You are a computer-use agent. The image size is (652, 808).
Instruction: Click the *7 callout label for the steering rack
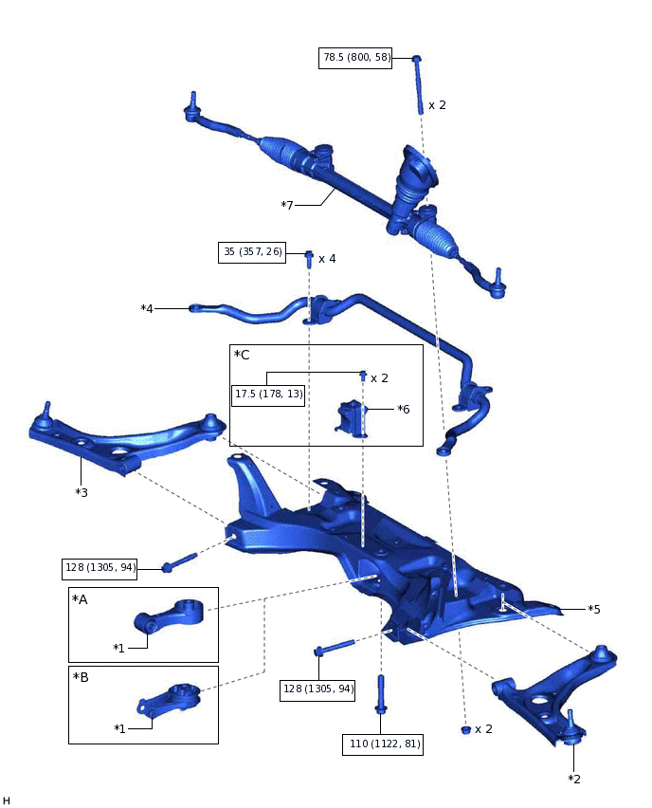pyautogui.click(x=288, y=205)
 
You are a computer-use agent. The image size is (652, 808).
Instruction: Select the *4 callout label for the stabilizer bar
pyautogui.click(x=147, y=308)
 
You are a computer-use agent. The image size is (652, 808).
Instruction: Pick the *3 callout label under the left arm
pyautogui.click(x=81, y=492)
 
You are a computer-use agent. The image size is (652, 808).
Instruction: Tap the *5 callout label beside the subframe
pyautogui.click(x=593, y=609)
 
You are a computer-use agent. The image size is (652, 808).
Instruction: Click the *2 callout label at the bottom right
pyautogui.click(x=574, y=779)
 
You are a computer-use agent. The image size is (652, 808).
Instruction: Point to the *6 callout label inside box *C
pyautogui.click(x=404, y=409)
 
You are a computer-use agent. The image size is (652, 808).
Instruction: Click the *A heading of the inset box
pyautogui.click(x=81, y=599)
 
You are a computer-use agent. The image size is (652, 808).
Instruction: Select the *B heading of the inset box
pyautogui.click(x=81, y=678)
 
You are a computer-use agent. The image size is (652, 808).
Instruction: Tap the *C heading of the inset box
pyautogui.click(x=242, y=355)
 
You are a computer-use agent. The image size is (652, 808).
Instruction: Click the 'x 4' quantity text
pyautogui.click(x=327, y=258)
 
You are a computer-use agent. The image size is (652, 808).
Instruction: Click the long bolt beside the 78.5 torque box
pyautogui.click(x=418, y=84)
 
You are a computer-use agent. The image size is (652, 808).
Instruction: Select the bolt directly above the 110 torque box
pyautogui.click(x=381, y=695)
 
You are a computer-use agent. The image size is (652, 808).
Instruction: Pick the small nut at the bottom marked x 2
pyautogui.click(x=465, y=729)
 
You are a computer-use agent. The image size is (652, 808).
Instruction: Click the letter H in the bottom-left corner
pyautogui.click(x=7, y=801)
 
